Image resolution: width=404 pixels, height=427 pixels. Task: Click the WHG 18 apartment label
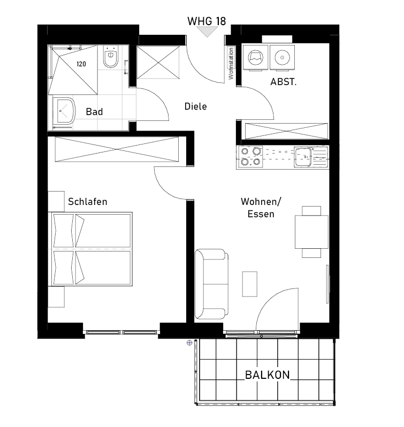(207, 21)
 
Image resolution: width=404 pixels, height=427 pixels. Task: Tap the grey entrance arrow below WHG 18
(207, 31)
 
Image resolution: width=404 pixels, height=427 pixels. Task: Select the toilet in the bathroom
(111, 57)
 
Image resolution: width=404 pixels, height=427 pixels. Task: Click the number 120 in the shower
(81, 64)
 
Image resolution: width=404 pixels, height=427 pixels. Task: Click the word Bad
(94, 112)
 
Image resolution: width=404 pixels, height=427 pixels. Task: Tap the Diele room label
(195, 106)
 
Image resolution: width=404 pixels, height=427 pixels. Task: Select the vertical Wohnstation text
(231, 64)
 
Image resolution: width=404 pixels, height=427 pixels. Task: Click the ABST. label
(283, 82)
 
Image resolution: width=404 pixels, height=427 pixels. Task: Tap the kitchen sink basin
(303, 157)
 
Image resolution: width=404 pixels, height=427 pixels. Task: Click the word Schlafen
(87, 202)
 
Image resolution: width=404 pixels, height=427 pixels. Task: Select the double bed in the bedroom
(90, 249)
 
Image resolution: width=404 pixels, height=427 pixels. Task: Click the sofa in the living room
(211, 284)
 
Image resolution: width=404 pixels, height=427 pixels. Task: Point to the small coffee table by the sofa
(250, 284)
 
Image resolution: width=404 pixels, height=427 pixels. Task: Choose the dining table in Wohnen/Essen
(311, 232)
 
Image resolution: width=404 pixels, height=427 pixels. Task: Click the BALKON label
(268, 375)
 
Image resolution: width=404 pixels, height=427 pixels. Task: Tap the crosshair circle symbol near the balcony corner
(189, 343)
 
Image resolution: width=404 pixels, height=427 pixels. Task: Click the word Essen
(261, 214)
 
